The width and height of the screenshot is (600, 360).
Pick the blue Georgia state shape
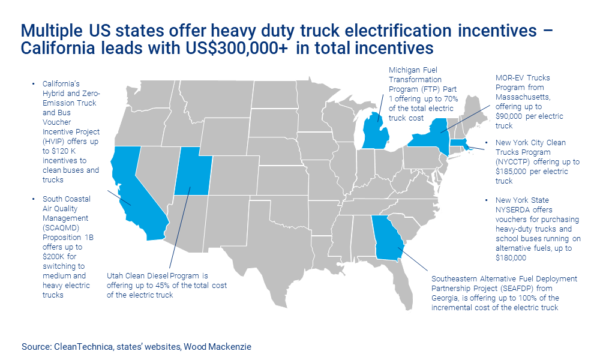pyautogui.click(x=388, y=240)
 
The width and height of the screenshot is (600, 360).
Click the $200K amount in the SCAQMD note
pyautogui.click(x=55, y=257)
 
